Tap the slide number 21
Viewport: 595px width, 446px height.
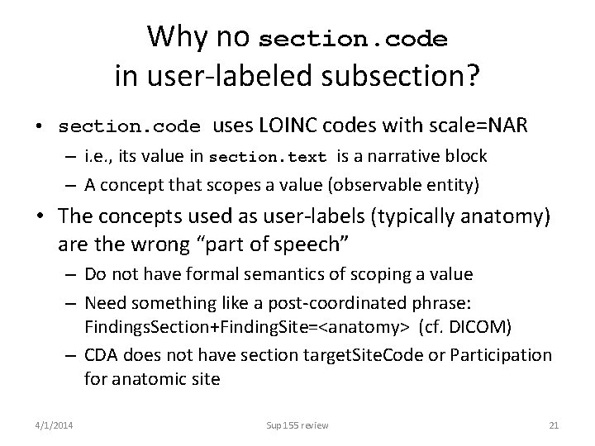[x=555, y=425]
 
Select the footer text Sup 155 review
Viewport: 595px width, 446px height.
[x=297, y=425]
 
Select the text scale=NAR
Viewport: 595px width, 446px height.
[x=485, y=126]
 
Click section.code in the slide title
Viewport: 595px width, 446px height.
[x=353, y=39]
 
